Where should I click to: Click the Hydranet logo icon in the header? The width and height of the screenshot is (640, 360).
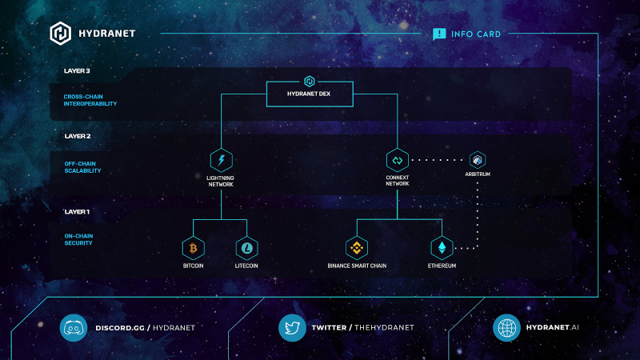tap(61, 34)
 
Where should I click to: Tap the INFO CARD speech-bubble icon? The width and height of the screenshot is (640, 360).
tap(439, 34)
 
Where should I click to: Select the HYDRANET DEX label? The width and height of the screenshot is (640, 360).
tap(308, 94)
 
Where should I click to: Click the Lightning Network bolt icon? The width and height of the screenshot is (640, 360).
tap(221, 159)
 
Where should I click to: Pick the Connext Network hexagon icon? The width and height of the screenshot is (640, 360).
tap(398, 160)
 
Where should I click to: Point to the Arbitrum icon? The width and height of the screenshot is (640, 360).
tap(478, 159)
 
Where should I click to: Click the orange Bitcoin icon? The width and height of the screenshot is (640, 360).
tap(193, 248)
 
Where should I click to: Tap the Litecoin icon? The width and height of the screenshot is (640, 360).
tap(247, 248)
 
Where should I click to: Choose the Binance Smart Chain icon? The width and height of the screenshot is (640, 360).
tap(357, 248)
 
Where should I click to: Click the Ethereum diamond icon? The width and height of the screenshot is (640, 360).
tap(442, 248)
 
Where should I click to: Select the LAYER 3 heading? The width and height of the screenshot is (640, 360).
tap(77, 71)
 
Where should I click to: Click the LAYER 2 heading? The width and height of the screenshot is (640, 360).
tap(77, 136)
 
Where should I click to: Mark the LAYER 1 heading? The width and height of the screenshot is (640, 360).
tap(77, 212)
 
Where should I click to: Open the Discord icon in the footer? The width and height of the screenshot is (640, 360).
tap(74, 328)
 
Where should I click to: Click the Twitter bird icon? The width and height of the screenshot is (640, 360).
tap(292, 328)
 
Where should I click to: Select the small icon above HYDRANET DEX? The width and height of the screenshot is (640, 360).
tap(308, 81)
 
